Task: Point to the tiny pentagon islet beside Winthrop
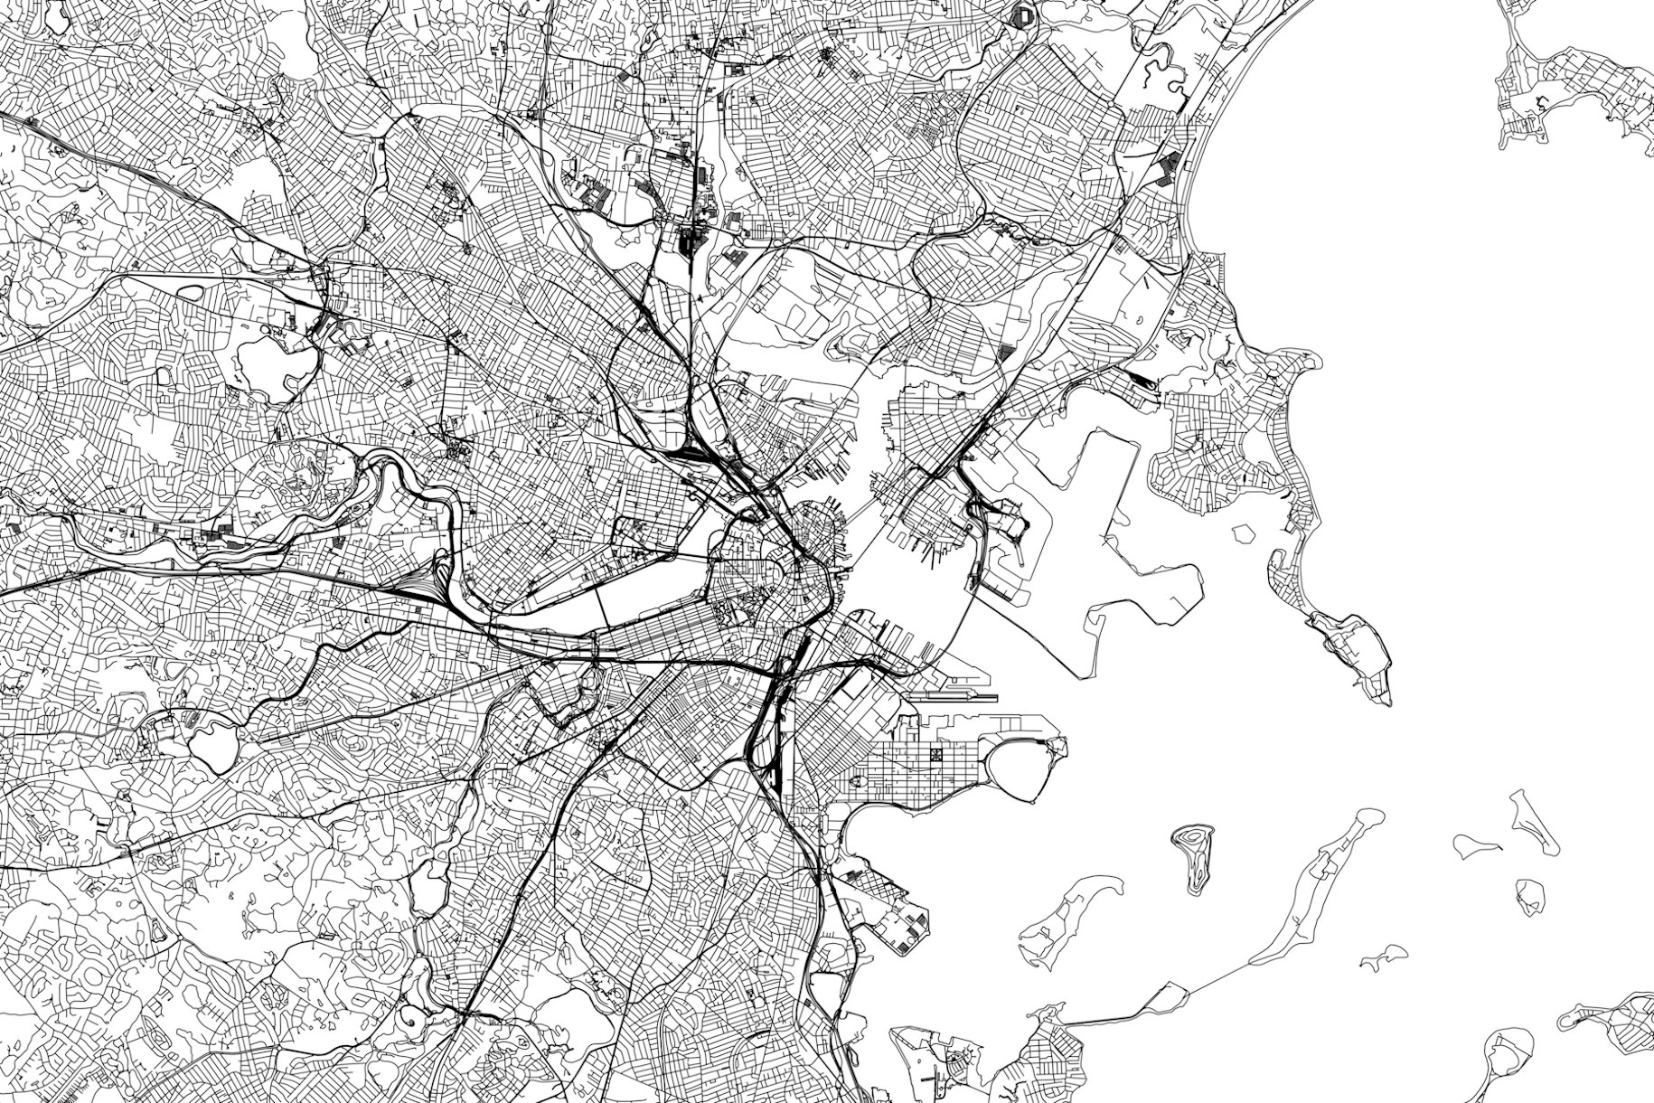[1243, 533]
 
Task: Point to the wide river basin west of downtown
[651, 588]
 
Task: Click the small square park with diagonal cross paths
[937, 753]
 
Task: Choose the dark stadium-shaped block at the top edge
[1024, 14]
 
